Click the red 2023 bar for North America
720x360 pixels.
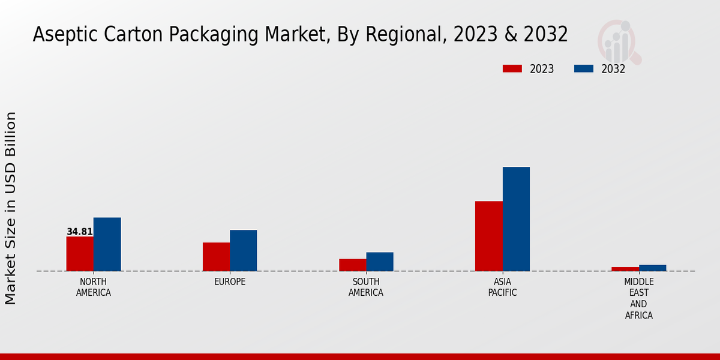pos(80,254)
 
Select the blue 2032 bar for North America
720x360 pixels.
pos(107,244)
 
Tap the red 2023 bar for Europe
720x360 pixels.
pos(216,257)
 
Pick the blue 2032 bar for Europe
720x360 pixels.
pos(244,250)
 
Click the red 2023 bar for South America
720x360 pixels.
pos(352,265)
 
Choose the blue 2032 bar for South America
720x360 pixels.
pos(380,262)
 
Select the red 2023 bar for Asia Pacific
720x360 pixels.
pos(488,236)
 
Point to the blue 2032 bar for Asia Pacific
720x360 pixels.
pos(516,219)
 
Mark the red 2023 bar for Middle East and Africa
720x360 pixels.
pos(625,269)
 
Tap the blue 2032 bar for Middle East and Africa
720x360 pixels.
pos(653,268)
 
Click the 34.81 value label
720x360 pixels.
pos(80,232)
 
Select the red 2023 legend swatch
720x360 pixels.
pos(512,68)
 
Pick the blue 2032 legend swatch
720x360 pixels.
pos(583,68)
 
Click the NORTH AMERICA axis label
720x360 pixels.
pos(94,287)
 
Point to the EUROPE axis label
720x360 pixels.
pos(230,282)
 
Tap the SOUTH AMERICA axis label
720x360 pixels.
pos(366,287)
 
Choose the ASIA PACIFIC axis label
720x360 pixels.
pos(502,287)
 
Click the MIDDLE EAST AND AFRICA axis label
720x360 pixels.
pos(639,298)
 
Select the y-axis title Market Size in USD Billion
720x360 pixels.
pos(11,208)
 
